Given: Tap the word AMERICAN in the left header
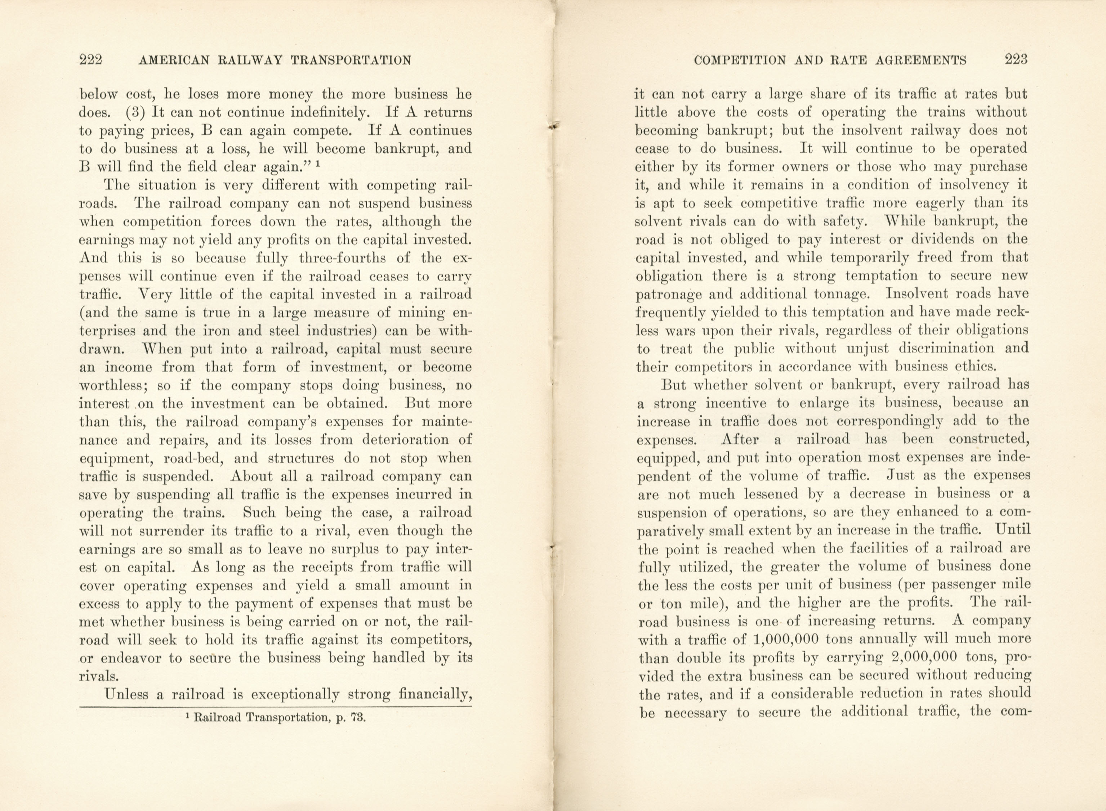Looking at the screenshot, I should [174, 61].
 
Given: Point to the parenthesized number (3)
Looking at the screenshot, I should [134, 112].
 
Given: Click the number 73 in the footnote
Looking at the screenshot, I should [358, 717].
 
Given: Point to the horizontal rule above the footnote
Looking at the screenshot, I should [275, 707].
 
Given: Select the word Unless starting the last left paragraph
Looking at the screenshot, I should [130, 694].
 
